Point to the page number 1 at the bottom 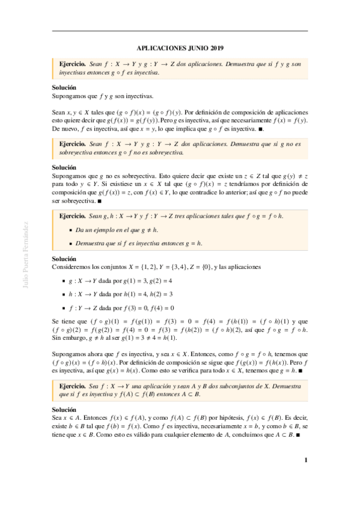[x=305, y=461]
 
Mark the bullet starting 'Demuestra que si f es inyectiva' [x=139, y=243]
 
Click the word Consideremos [x=72, y=267]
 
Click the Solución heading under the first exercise [x=63, y=87]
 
